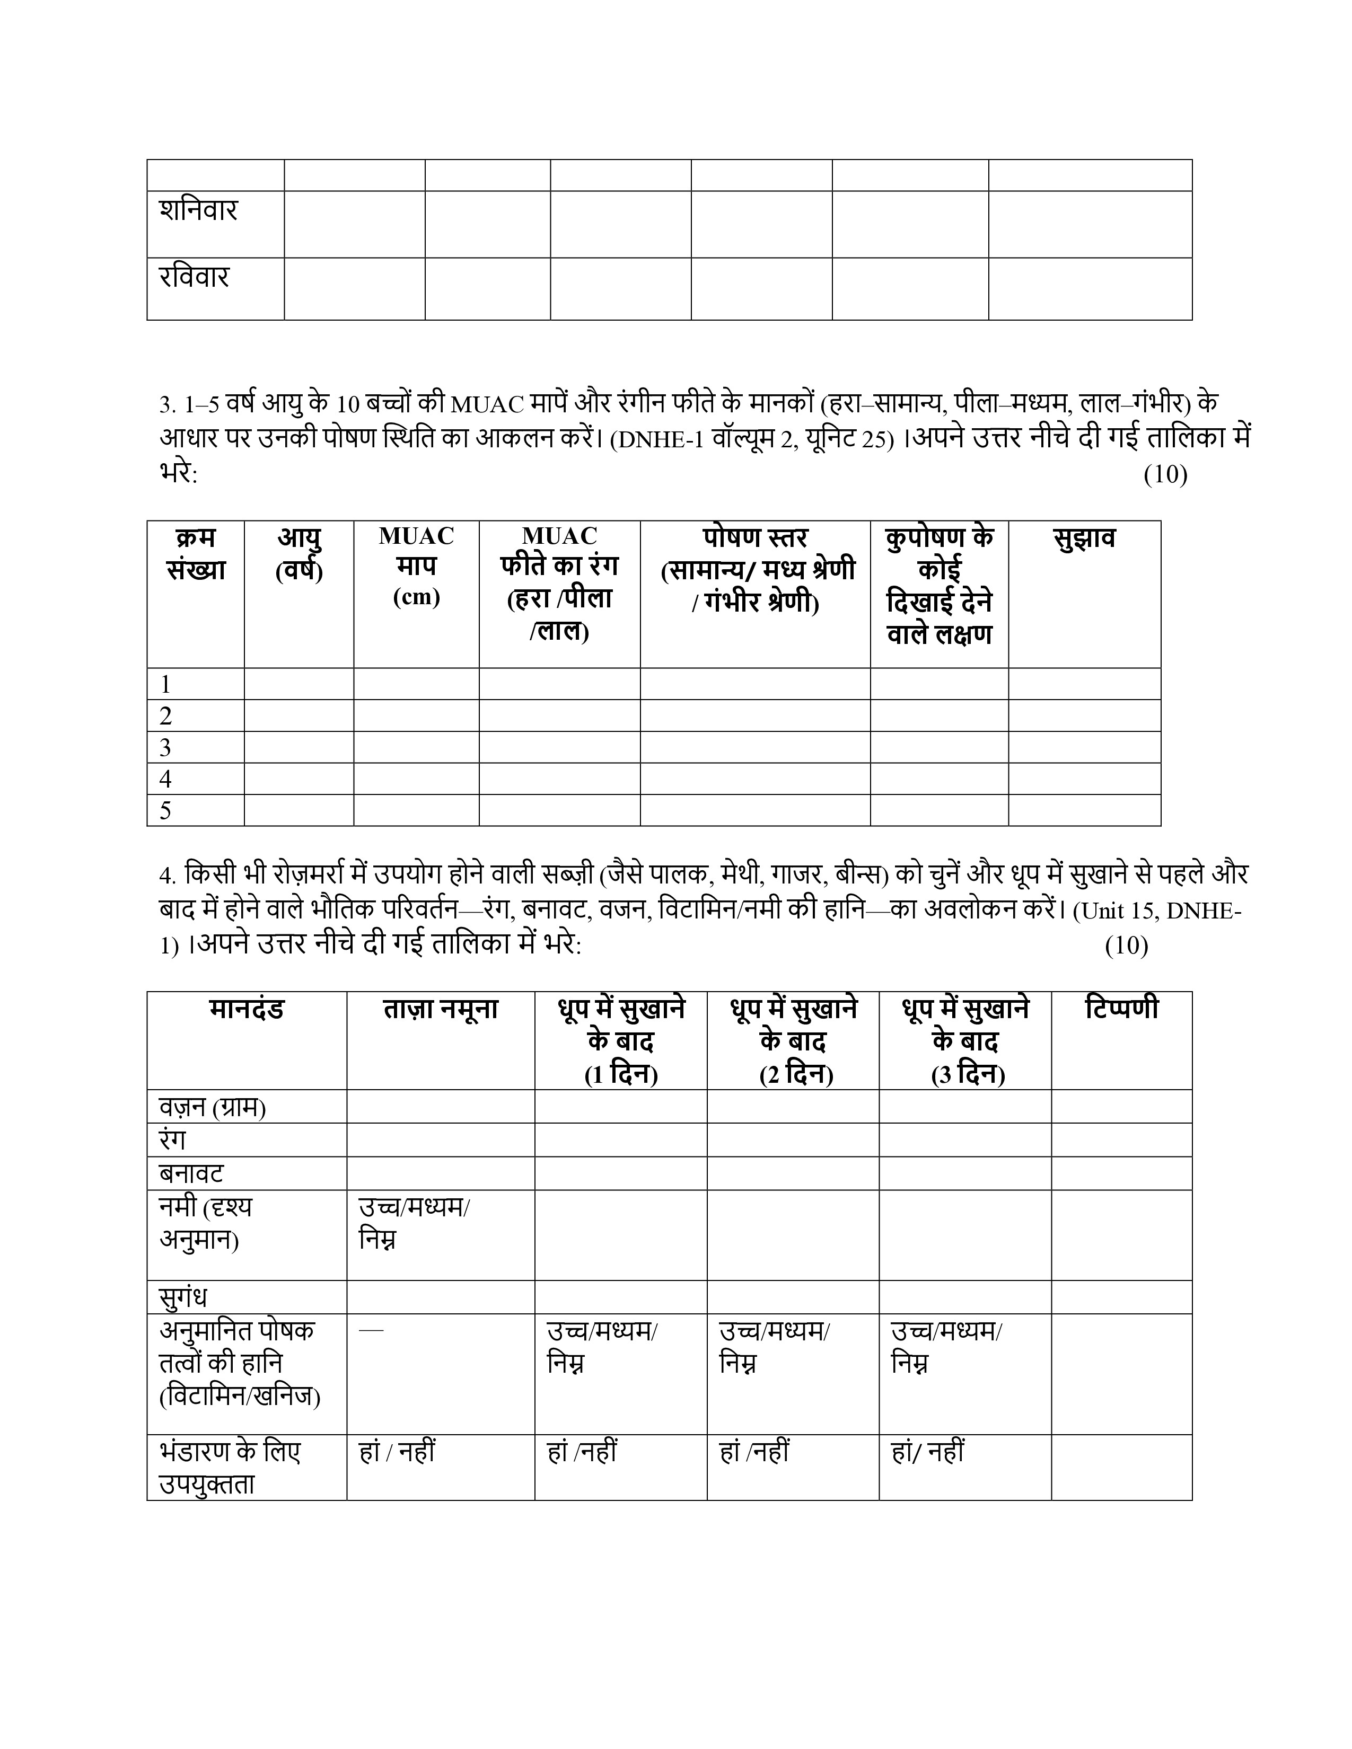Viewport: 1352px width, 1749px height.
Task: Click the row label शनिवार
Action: [199, 210]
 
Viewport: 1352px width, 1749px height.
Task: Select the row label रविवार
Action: [195, 277]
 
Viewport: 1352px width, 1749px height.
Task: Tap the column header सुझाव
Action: [1084, 538]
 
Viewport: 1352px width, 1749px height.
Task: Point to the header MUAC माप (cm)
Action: [417, 566]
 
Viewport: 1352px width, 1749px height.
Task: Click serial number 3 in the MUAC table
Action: [166, 747]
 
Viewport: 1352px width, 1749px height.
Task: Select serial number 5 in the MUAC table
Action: [166, 810]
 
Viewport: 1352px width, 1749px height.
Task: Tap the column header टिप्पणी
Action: [1121, 1008]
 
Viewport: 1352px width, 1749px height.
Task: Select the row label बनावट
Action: [191, 1173]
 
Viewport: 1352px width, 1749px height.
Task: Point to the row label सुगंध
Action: [183, 1296]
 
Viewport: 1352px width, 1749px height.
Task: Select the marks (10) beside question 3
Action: [1165, 475]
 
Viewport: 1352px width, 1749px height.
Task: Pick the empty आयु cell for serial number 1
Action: [299, 684]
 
